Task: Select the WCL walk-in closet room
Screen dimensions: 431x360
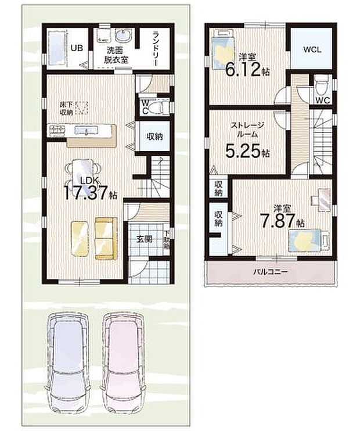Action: (311, 49)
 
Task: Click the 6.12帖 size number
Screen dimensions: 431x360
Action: (247, 70)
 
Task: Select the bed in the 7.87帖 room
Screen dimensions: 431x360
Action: (304, 240)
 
